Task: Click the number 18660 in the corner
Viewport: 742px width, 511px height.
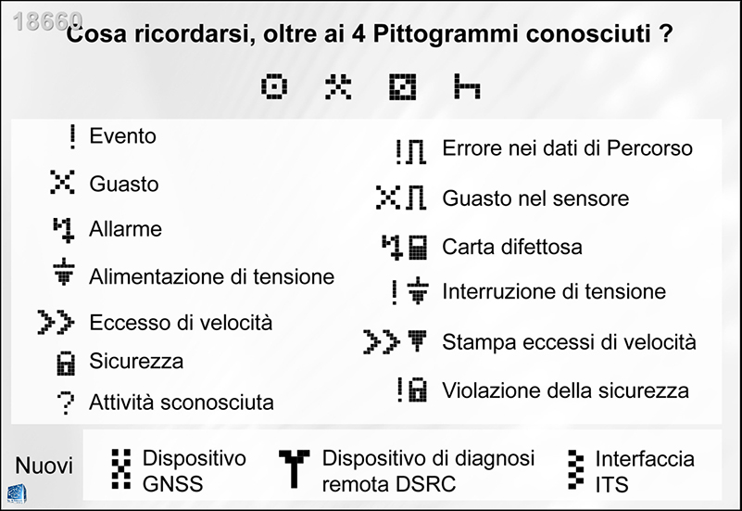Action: point(48,21)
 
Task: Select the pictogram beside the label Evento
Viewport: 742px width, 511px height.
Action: point(71,136)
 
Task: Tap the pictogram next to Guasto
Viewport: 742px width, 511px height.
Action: point(61,183)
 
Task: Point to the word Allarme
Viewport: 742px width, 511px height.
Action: point(125,229)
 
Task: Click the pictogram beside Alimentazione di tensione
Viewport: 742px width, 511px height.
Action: point(63,275)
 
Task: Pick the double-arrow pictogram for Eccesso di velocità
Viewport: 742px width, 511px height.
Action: point(55,323)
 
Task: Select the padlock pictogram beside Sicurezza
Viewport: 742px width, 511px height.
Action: point(65,363)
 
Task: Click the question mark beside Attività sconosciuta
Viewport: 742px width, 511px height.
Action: point(65,402)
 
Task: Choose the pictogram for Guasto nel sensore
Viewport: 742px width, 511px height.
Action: point(400,198)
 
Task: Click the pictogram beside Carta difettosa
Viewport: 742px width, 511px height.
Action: point(405,246)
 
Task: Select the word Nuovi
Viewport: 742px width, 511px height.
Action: point(44,466)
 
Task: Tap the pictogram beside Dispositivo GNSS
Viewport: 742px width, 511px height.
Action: point(119,468)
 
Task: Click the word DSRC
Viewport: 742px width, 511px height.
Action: point(433,484)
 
